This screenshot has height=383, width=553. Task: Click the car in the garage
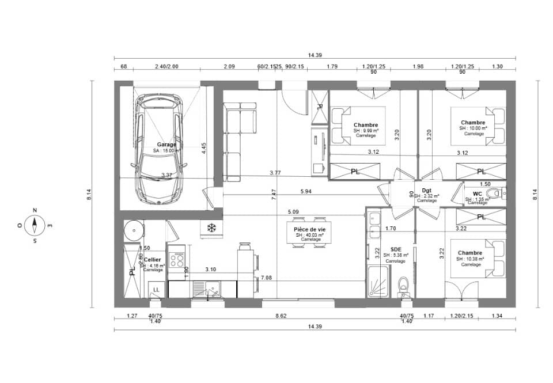[x=158, y=150]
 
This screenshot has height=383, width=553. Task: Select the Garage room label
[x=166, y=145]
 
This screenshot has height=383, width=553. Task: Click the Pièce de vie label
[x=305, y=229]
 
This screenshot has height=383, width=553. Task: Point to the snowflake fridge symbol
[x=211, y=229]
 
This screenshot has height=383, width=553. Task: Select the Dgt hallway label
[x=426, y=190]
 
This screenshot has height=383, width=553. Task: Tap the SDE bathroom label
[x=395, y=250]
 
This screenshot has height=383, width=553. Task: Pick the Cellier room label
[x=153, y=260]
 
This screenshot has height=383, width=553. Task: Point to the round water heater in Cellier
[x=134, y=231]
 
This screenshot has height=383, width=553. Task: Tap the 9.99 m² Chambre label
[x=366, y=125]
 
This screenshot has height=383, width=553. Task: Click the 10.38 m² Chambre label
[x=470, y=253]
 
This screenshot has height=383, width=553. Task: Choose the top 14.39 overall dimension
[x=315, y=55]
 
